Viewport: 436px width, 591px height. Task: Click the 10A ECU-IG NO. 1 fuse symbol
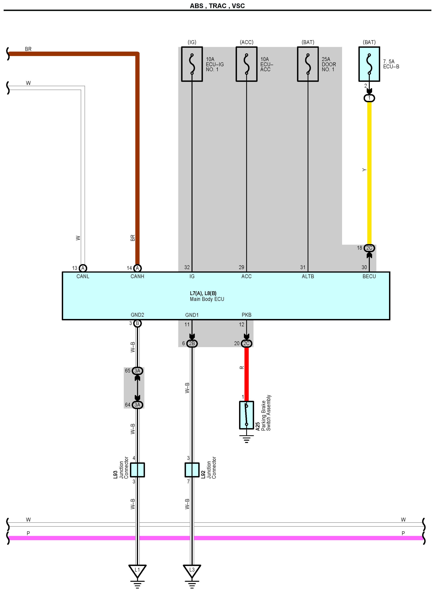(x=192, y=64)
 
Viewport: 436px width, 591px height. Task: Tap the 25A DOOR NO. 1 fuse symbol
(x=308, y=64)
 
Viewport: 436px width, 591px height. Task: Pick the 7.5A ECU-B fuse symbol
(x=369, y=64)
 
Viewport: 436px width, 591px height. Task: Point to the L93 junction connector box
(x=137, y=470)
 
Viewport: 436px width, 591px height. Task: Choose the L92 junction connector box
(x=192, y=470)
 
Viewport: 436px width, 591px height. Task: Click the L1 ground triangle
(x=137, y=571)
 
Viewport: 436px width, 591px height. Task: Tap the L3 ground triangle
(x=192, y=571)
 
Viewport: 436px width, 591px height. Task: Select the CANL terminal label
(x=83, y=276)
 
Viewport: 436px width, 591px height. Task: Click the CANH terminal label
(x=137, y=276)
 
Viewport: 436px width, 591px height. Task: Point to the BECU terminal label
(x=369, y=276)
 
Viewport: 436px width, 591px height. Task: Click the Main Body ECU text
(x=207, y=299)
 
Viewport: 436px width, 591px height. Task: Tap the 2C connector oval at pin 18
(x=369, y=248)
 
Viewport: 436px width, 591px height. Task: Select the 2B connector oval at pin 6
(x=192, y=343)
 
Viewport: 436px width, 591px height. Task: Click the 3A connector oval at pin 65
(x=137, y=371)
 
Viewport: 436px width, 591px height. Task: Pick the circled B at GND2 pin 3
(x=137, y=323)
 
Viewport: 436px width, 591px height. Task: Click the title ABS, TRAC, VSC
(x=217, y=6)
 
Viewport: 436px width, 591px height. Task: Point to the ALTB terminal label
(x=308, y=276)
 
